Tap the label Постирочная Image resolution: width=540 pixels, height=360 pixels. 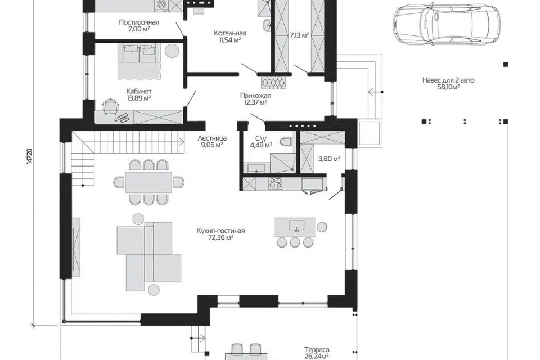coord(139,22)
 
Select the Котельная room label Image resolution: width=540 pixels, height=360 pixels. coord(230,33)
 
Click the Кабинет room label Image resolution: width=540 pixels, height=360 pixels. coord(139,91)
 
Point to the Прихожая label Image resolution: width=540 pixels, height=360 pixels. coord(255,96)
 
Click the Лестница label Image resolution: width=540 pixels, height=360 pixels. coord(212,138)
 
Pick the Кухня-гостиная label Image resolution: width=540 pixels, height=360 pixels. coord(220,231)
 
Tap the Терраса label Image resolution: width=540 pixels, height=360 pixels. coord(317,350)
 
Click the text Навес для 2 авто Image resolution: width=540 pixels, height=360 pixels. coord(448,80)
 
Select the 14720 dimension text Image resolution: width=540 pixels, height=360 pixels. coord(29,157)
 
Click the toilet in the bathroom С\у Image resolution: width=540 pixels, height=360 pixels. coord(286,142)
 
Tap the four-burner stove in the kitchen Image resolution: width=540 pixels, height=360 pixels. coord(275,183)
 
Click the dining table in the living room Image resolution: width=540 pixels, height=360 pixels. coord(148,182)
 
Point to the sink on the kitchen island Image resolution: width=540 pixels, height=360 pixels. coord(296,225)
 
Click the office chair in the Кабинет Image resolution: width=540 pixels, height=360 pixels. coord(111,105)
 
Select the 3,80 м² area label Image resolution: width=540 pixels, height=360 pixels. coord(329,159)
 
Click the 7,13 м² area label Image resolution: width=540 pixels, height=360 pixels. coord(299,35)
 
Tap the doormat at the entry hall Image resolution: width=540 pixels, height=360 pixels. coord(274,82)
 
